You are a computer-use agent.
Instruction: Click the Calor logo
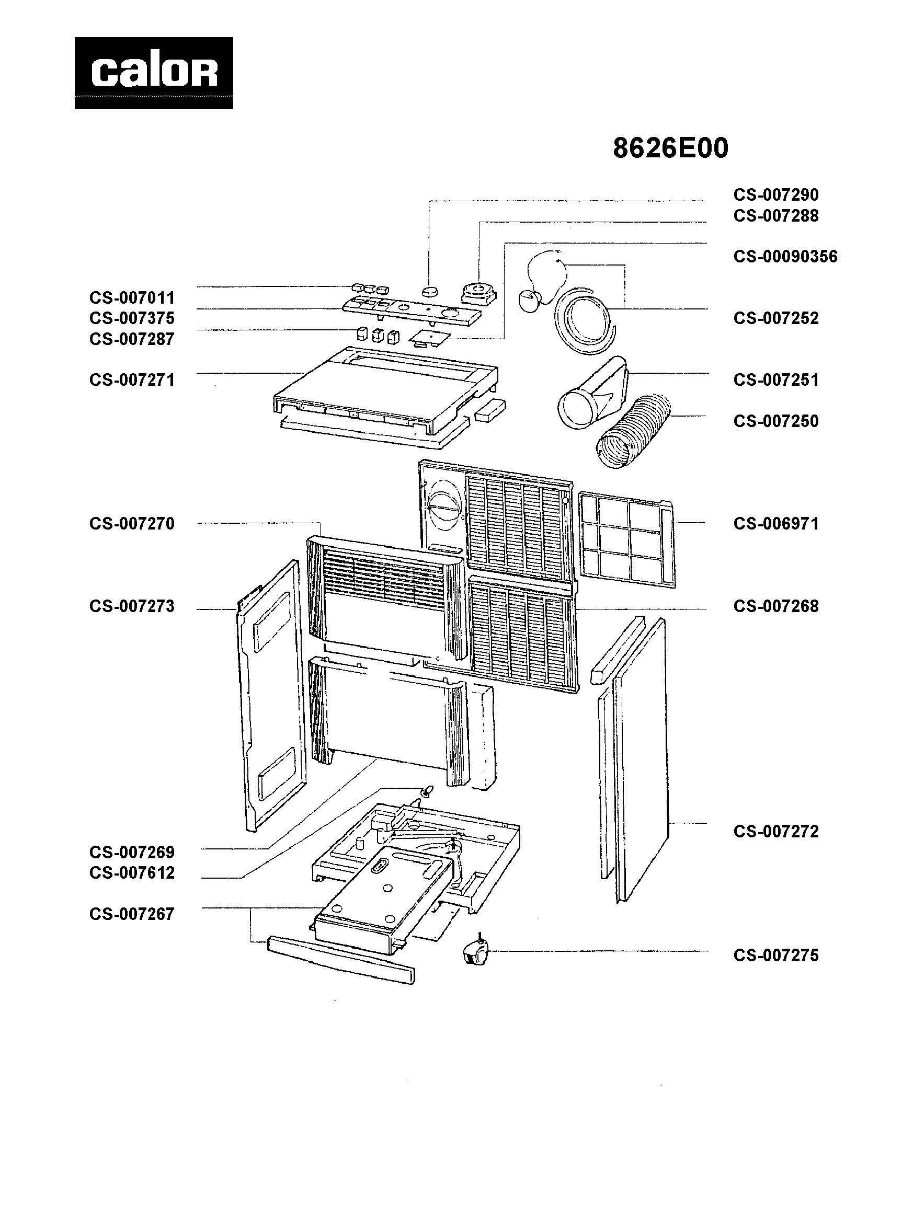153,73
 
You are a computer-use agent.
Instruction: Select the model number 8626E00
670,148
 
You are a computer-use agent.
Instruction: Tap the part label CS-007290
775,195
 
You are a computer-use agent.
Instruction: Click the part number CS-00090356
784,257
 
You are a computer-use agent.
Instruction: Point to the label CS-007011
132,297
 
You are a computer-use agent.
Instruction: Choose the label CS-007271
132,380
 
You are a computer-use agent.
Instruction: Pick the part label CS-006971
775,524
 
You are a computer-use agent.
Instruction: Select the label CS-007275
775,956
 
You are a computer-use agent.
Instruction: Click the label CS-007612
132,872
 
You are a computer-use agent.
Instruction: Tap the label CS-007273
132,606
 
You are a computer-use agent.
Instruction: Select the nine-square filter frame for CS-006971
626,539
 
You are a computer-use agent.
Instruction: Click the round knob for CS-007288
479,291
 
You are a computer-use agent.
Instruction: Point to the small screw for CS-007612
429,789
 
